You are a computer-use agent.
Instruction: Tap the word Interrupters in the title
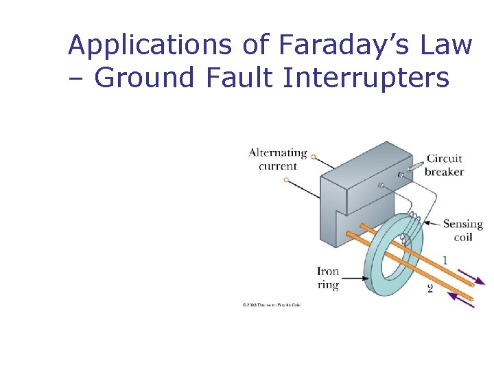pos(367,78)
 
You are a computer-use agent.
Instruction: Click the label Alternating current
pos(277,159)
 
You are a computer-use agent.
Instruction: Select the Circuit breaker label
pos(444,165)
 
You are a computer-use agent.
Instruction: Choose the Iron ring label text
pos(328,278)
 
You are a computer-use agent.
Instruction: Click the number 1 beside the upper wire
pos(445,260)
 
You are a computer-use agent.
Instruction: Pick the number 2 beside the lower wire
pos(430,289)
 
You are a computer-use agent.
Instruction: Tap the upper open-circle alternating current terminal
pos(313,157)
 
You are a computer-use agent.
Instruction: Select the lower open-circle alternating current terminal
pos(286,180)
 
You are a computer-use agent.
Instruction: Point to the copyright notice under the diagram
pos(271,304)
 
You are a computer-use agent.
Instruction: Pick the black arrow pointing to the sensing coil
pos(432,223)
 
